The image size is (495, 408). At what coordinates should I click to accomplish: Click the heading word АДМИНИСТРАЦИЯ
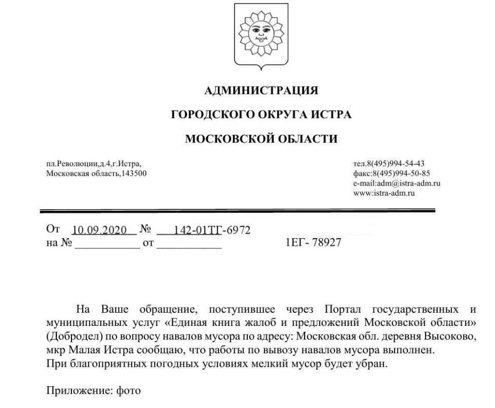click(x=261, y=91)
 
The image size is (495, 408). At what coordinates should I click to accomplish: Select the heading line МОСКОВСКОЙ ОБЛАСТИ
click(x=261, y=138)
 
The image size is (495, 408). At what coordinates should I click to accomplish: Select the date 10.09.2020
click(x=99, y=230)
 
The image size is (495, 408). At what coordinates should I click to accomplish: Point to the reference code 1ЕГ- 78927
click(x=314, y=243)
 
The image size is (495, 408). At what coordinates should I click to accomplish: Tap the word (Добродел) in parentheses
click(x=71, y=336)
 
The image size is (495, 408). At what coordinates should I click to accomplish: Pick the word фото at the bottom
click(x=128, y=391)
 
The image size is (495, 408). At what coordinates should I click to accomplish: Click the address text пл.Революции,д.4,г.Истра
click(x=94, y=163)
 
